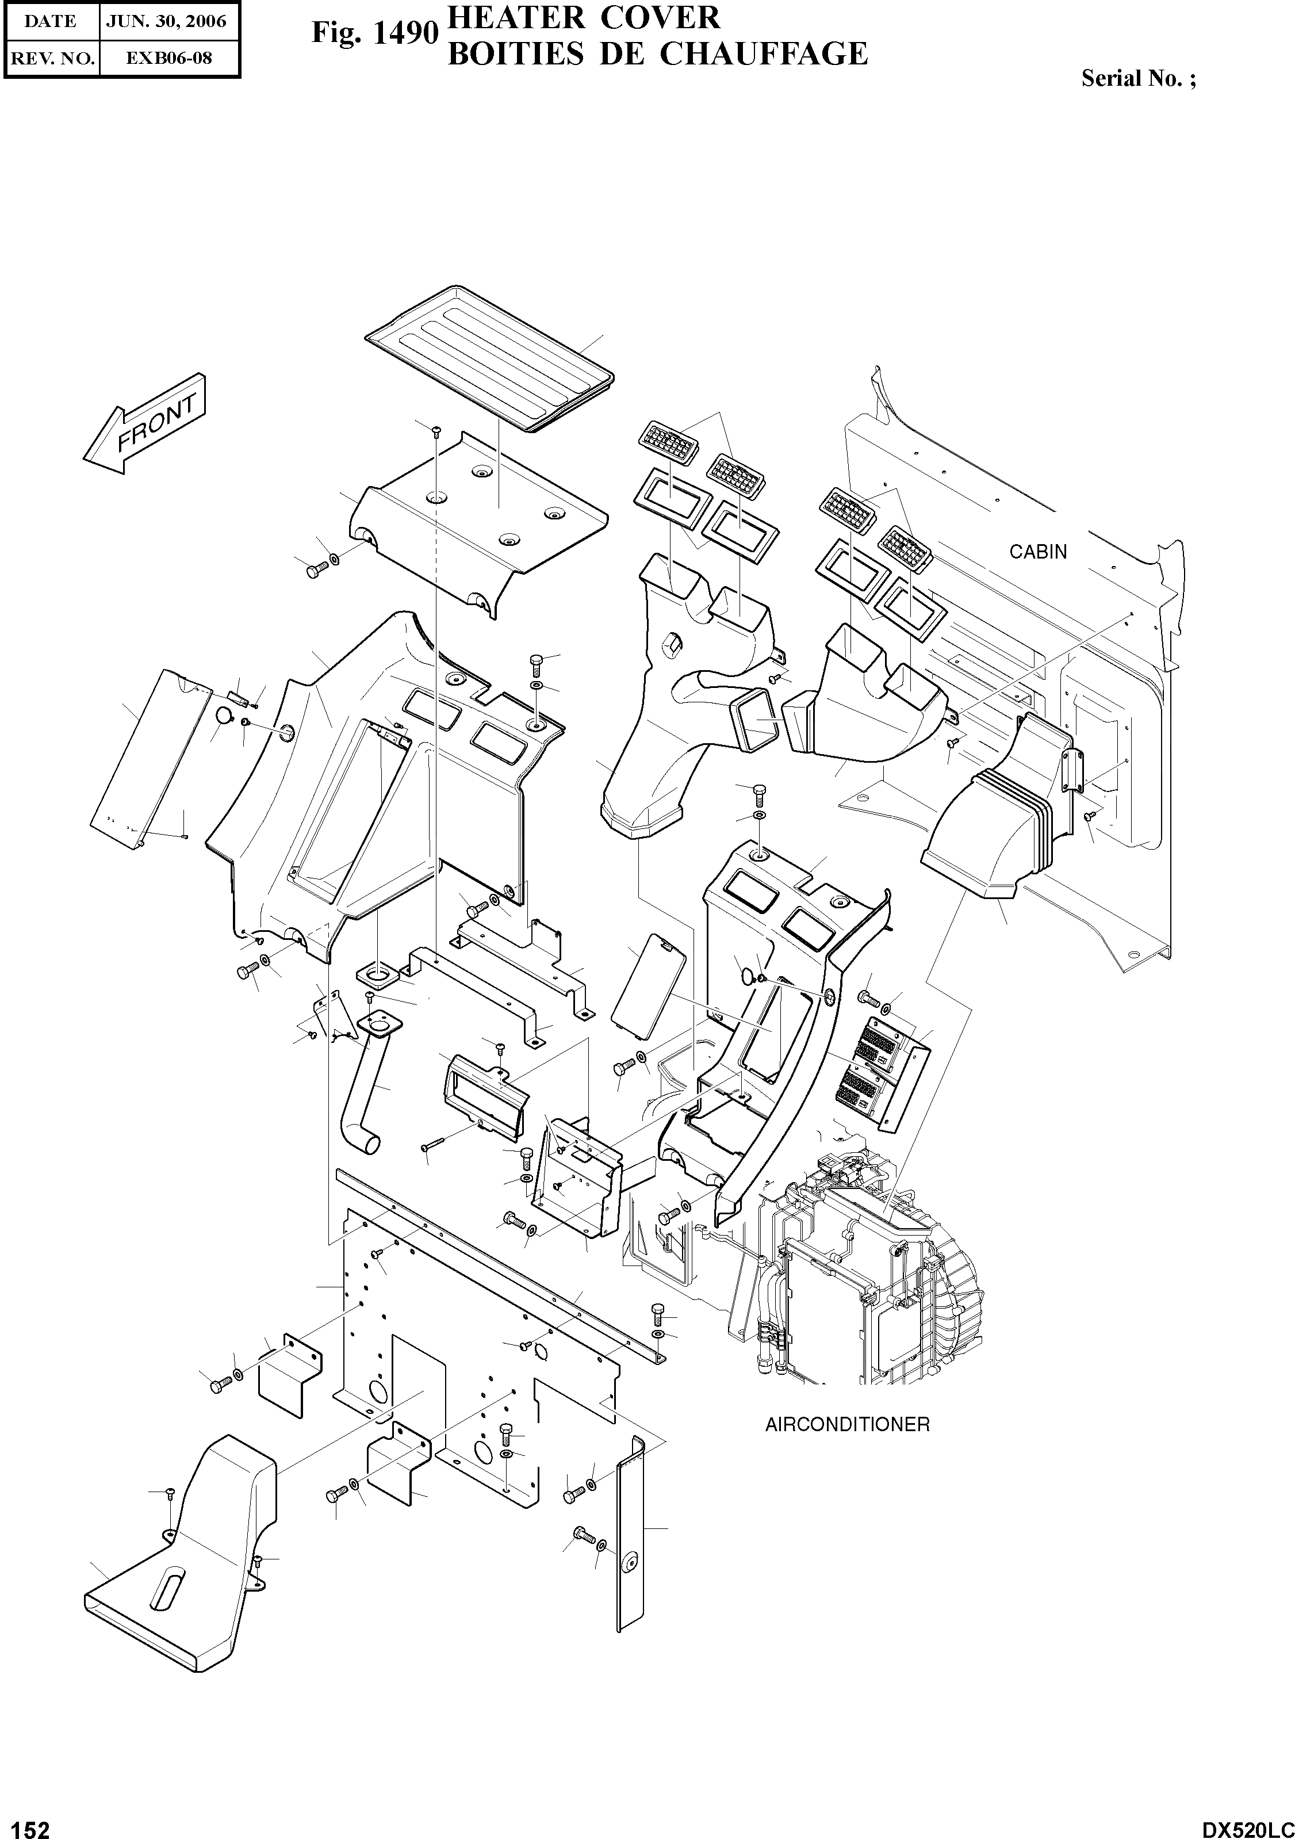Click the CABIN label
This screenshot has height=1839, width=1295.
1037,552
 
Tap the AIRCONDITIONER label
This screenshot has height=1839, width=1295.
846,1425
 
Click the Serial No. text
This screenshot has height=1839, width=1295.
1138,78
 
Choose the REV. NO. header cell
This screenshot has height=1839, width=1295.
51,58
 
